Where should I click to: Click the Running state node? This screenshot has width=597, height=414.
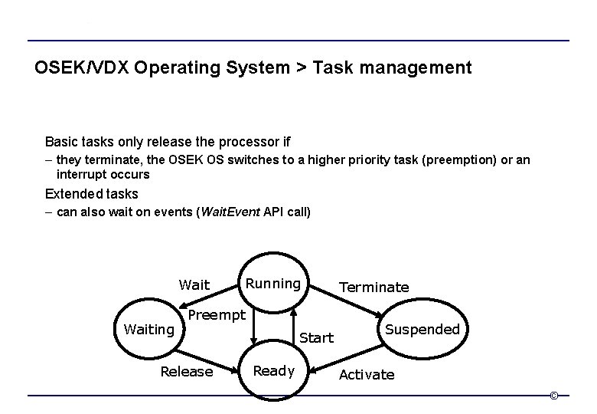(273, 284)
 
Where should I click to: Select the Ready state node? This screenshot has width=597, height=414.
(273, 371)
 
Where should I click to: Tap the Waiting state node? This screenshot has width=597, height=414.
(149, 329)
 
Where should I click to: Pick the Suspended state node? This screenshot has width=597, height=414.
(422, 329)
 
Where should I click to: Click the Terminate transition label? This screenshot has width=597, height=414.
(374, 287)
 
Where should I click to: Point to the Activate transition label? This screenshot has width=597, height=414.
(367, 374)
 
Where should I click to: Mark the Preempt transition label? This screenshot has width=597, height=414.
(217, 315)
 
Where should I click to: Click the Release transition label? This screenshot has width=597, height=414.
(186, 372)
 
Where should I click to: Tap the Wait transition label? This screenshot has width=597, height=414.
(194, 285)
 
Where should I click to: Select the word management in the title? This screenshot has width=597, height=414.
(413, 68)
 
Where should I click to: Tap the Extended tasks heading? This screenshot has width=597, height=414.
(92, 193)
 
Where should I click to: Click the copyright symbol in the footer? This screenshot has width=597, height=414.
(554, 396)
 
